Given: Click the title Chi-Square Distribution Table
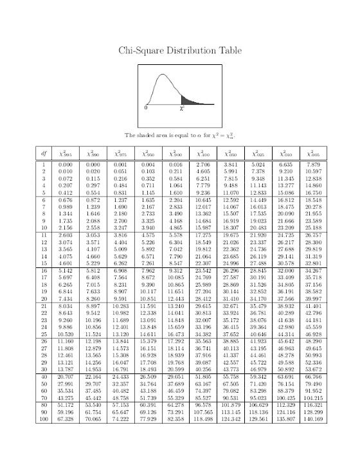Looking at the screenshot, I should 179,51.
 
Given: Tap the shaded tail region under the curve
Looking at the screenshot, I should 189,101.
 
